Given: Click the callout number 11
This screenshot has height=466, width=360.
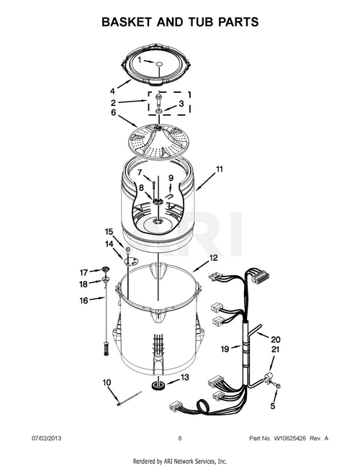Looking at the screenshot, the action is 219,169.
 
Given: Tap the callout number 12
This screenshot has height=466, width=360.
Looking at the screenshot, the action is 213,258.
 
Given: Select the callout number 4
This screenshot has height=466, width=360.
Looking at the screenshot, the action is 112,91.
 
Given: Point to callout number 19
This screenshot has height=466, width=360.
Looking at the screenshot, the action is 225,349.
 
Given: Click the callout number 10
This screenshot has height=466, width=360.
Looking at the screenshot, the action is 107,382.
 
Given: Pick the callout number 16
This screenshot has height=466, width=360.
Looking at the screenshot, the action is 84,300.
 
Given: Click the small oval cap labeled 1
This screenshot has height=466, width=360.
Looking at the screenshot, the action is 159,63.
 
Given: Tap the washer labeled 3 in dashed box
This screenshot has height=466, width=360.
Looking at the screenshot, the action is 159,111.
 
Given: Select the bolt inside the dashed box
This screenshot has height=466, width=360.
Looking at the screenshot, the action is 158,99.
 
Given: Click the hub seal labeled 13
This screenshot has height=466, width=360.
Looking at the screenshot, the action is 157,385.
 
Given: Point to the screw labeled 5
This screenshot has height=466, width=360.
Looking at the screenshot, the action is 279,386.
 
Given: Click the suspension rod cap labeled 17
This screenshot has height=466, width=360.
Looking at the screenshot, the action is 105,269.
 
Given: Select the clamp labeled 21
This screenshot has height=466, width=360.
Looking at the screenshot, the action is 269,378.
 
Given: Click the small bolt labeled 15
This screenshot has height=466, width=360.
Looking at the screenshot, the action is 128,249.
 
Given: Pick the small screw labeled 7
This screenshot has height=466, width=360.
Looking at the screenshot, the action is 154,185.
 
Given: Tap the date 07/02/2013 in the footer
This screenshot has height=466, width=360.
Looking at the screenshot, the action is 46,439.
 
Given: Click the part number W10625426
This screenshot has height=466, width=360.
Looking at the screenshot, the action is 289,439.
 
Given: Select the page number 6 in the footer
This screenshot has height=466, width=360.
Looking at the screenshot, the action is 180,439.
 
